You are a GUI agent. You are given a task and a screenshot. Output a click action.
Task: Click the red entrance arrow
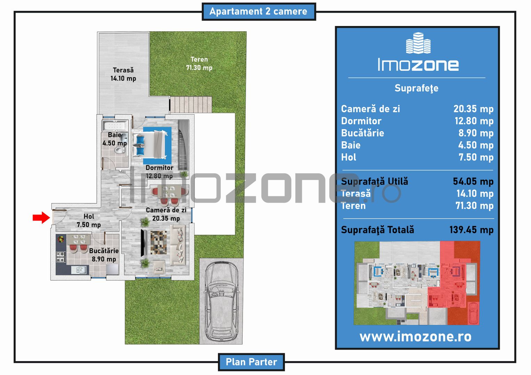coord(41,217)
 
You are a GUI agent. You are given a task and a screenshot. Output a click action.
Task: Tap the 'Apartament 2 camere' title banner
coord(259,11)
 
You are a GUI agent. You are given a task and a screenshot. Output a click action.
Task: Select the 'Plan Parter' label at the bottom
coord(251,362)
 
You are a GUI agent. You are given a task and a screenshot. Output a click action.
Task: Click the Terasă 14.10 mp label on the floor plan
coord(123,74)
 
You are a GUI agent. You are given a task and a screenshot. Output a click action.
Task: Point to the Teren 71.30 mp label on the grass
coord(199,64)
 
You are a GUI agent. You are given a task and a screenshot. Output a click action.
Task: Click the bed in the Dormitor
coord(150,144)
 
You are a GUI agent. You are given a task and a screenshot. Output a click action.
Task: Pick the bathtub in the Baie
coord(115,125)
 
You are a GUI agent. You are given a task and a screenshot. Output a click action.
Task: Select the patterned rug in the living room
coord(158,243)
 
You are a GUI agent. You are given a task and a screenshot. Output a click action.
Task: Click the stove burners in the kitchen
coord(61,257)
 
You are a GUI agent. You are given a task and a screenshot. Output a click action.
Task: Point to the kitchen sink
coord(79,269)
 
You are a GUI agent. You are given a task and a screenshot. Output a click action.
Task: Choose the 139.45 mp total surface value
coord(472,230)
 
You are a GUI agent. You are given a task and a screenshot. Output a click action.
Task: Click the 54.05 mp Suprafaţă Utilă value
coord(473,182)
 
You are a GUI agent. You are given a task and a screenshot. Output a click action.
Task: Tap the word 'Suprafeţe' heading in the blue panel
coord(417,88)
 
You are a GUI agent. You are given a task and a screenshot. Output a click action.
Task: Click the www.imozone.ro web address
coord(415,336)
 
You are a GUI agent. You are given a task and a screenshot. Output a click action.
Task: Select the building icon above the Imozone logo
coord(418,43)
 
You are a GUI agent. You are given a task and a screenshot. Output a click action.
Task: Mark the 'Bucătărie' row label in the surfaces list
coord(362,133)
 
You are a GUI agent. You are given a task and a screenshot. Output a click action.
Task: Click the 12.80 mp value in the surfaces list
coord(474,121)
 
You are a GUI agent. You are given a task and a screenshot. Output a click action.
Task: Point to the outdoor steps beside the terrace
coord(191,105)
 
